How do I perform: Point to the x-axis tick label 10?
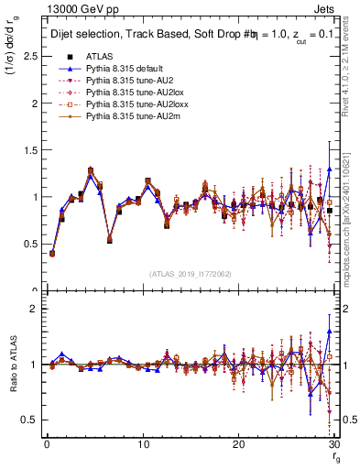coord(142,444)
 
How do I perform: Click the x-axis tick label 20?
coord(238,444)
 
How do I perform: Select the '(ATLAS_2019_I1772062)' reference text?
coord(191,274)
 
